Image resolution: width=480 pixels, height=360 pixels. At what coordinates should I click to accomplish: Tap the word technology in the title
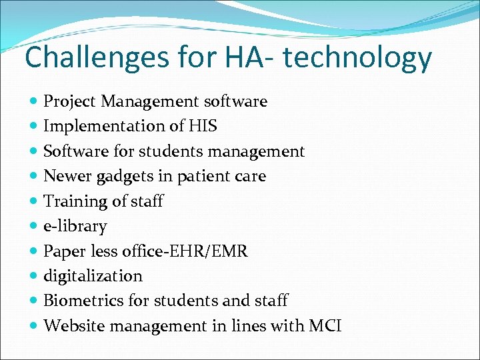(x=357, y=59)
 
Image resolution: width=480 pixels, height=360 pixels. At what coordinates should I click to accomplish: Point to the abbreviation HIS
(x=203, y=126)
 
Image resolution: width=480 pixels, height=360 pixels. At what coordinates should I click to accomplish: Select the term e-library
(x=75, y=227)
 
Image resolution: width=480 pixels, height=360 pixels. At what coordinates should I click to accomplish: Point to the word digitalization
(x=93, y=276)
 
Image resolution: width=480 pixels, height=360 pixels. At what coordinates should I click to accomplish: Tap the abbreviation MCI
(x=325, y=326)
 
